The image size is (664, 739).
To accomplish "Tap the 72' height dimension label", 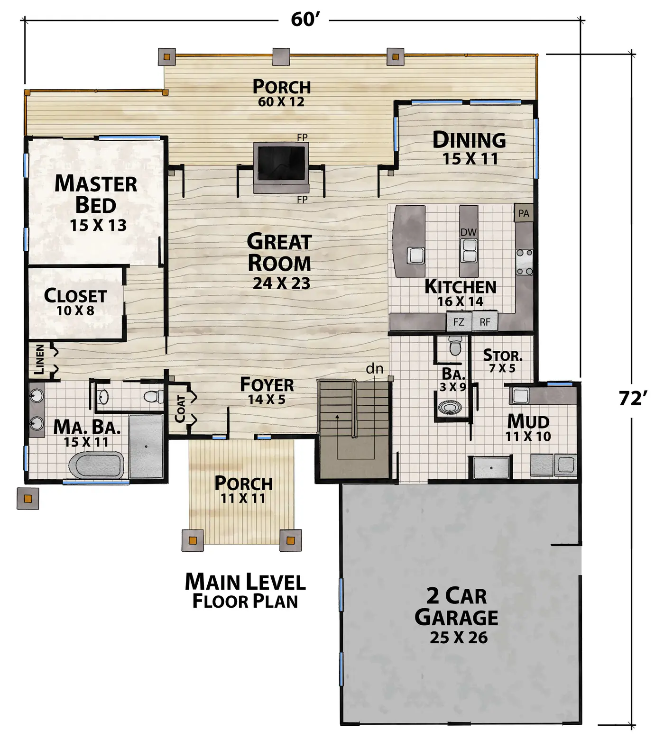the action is [633, 398].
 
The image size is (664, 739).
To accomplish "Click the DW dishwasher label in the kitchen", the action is [469, 232].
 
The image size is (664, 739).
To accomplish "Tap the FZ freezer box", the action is [459, 322].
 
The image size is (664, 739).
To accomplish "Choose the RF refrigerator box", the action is [485, 322].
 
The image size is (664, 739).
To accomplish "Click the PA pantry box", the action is [524, 213].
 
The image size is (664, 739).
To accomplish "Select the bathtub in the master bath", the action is [97, 465].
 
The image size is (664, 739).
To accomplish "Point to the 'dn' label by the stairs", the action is [375, 368].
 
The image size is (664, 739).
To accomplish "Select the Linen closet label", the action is [40, 359].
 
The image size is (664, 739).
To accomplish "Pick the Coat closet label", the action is [180, 408].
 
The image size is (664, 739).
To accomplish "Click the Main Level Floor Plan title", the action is [245, 591].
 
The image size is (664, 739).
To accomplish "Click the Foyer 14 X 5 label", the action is [267, 391].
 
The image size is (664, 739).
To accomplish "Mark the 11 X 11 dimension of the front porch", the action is [243, 498].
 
